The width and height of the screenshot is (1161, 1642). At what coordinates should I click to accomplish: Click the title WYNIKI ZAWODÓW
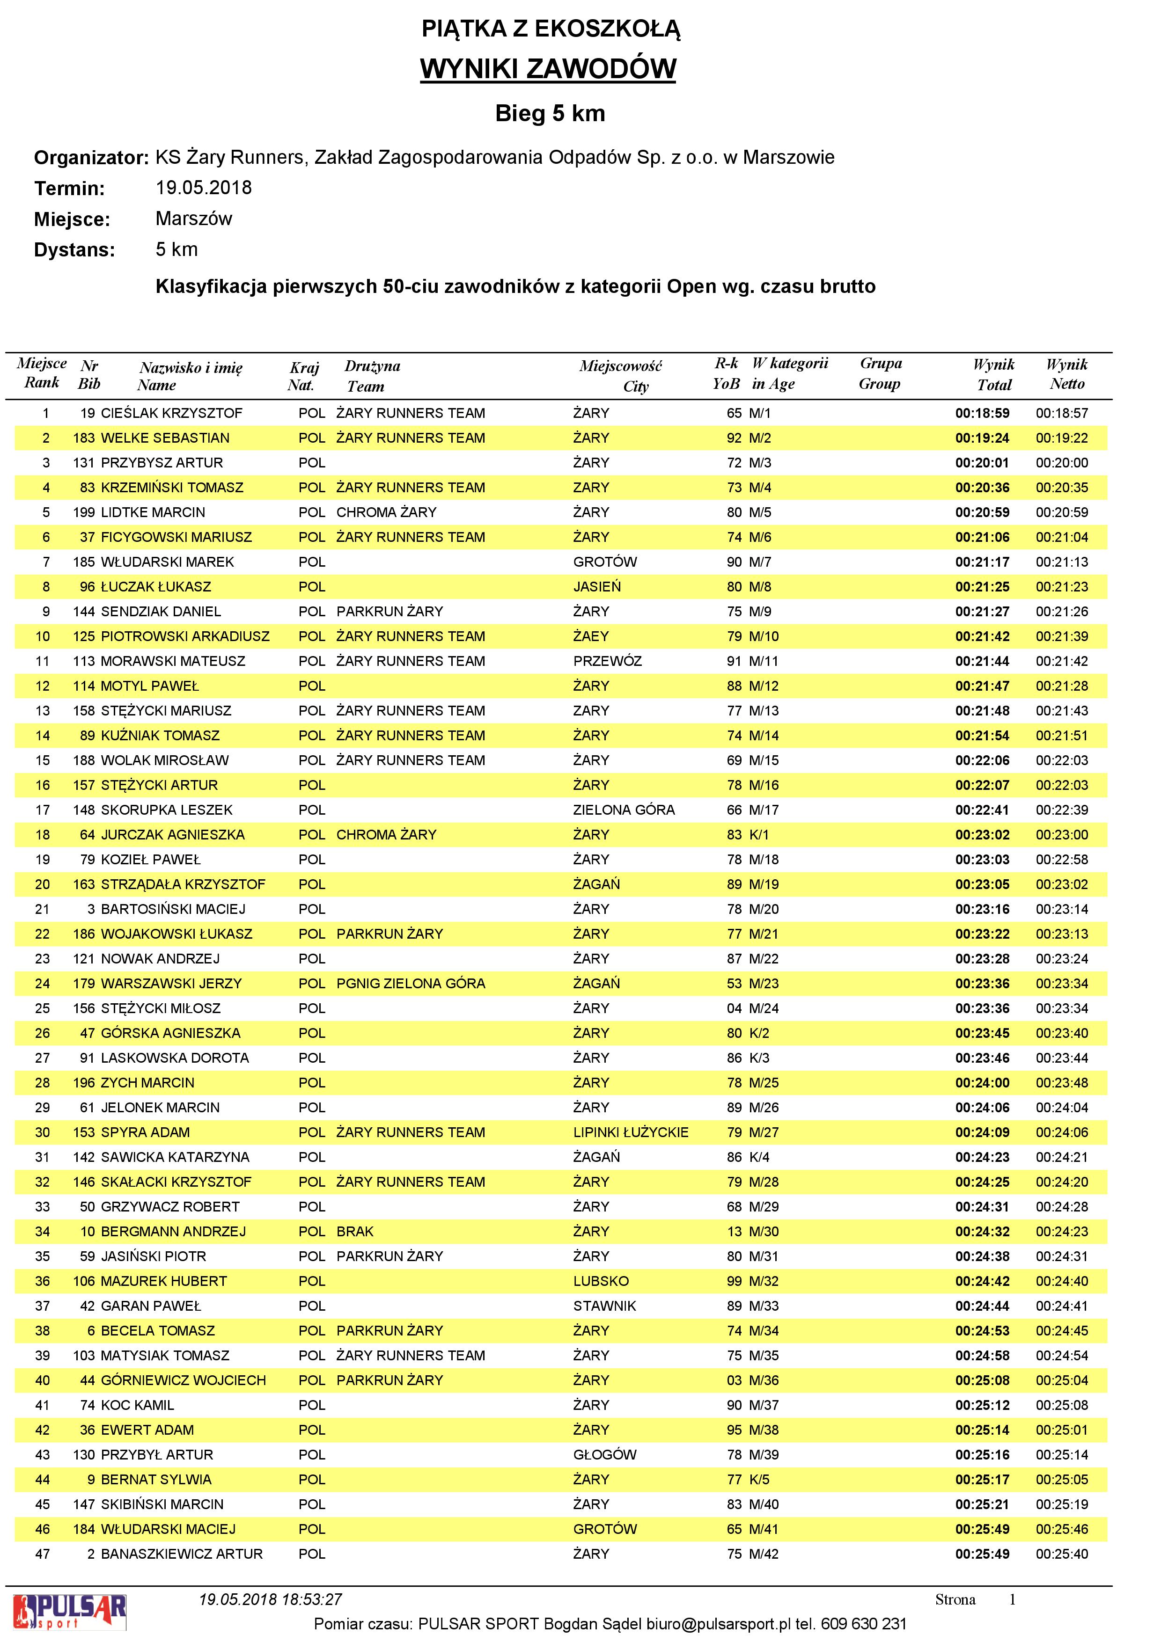[x=547, y=69]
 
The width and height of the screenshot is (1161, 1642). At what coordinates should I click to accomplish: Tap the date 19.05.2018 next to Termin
[x=203, y=188]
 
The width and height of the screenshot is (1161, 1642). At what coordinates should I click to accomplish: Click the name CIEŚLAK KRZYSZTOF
[x=172, y=413]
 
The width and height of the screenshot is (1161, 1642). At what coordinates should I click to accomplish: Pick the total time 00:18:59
[x=982, y=413]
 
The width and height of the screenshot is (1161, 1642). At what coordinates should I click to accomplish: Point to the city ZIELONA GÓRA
[x=624, y=810]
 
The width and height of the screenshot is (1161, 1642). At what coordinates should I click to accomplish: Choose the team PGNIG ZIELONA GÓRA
[x=411, y=983]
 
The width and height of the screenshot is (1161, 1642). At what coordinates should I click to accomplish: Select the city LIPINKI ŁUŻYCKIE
[x=630, y=1132]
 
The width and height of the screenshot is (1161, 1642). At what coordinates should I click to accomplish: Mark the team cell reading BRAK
[x=355, y=1232]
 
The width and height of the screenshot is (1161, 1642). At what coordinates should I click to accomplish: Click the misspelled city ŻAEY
[x=591, y=636]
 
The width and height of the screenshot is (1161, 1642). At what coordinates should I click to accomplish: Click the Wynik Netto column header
[x=1066, y=374]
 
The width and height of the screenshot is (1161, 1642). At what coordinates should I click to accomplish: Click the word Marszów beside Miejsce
[x=194, y=219]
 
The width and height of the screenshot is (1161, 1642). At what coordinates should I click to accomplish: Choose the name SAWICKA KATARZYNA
[x=175, y=1157]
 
